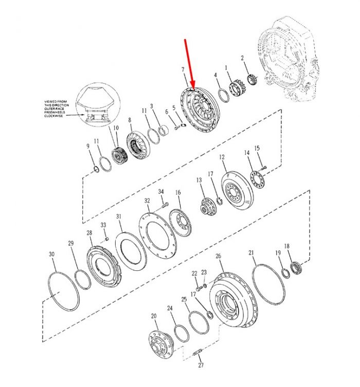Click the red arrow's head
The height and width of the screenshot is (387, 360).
pyautogui.click(x=192, y=85)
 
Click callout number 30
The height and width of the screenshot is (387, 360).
pyautogui.click(x=51, y=254)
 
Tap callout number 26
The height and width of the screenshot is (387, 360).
pyautogui.click(x=218, y=256)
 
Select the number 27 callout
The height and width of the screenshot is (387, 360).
pyautogui.click(x=201, y=365)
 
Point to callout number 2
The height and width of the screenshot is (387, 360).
pyautogui.click(x=242, y=58)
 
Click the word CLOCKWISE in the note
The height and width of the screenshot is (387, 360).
pyautogui.click(x=53, y=116)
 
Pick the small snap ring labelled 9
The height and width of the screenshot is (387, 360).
pyautogui.click(x=97, y=170)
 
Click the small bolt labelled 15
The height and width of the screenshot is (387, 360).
pyautogui.click(x=264, y=168)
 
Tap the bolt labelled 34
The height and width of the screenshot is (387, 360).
pyautogui.click(x=165, y=205)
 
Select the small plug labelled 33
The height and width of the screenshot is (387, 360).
pyautogui.click(x=107, y=239)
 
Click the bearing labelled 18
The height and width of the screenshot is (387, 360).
pyautogui.click(x=296, y=268)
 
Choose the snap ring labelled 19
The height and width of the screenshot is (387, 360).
pyautogui.click(x=285, y=273)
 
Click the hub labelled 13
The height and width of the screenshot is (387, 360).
pyautogui.click(x=208, y=207)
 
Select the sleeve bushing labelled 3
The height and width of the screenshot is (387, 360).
pyautogui.click(x=163, y=131)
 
